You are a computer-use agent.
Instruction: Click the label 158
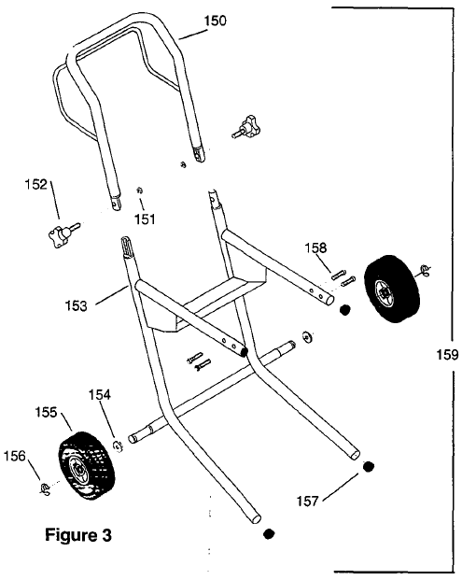point(318,248)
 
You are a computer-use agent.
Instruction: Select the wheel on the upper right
point(391,290)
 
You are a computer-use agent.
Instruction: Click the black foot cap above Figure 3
point(269,534)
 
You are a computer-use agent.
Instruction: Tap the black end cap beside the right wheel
point(344,311)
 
